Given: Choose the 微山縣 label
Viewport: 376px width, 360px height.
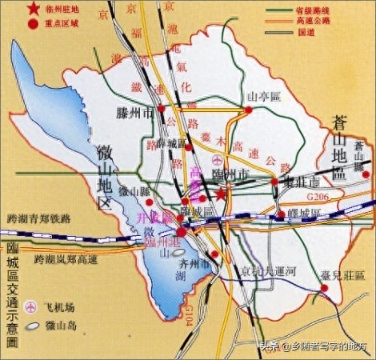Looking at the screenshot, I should coord(134,192).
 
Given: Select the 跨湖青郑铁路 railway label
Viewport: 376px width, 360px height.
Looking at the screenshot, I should coord(38,218).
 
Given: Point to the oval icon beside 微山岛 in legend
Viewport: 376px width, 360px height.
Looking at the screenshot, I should coord(32,326).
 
